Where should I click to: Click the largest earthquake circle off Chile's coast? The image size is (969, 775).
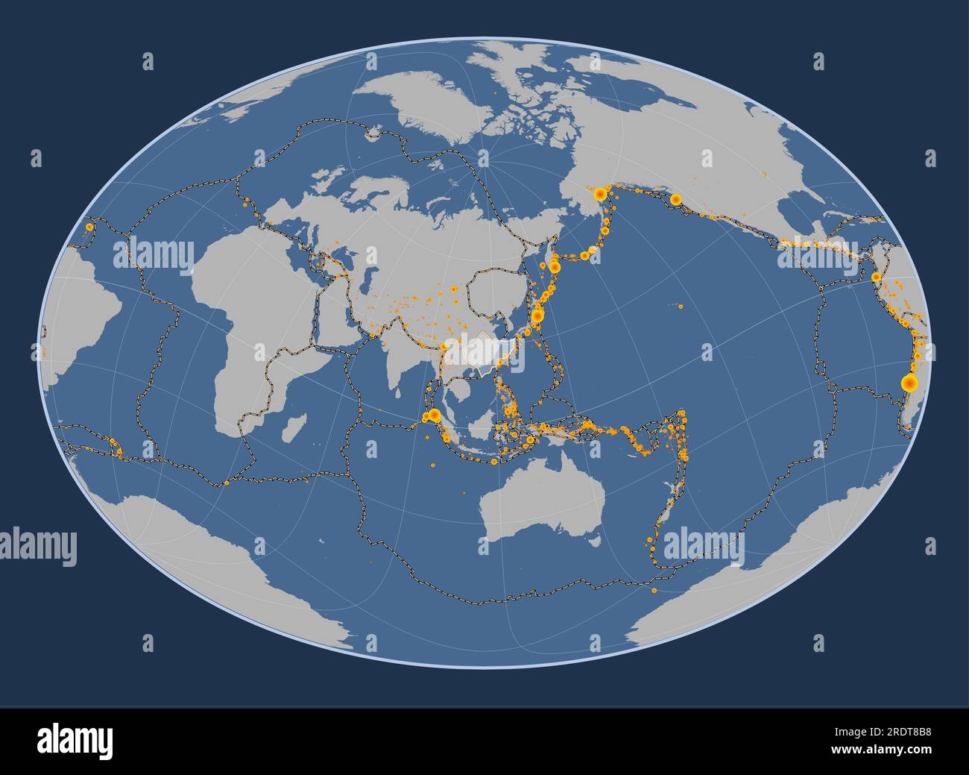909,383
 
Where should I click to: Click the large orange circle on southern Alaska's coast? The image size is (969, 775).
675,199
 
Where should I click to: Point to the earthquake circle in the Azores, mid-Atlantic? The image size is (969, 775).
89,226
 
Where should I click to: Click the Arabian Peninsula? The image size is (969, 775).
339,306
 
